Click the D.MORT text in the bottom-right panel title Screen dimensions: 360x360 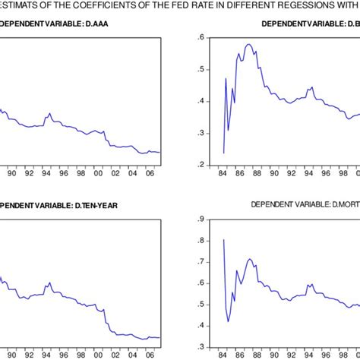coord(343,204)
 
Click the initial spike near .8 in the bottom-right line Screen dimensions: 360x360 coord(223,240)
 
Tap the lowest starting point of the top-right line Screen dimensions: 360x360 coord(223,153)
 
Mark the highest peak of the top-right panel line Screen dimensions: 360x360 coord(248,44)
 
